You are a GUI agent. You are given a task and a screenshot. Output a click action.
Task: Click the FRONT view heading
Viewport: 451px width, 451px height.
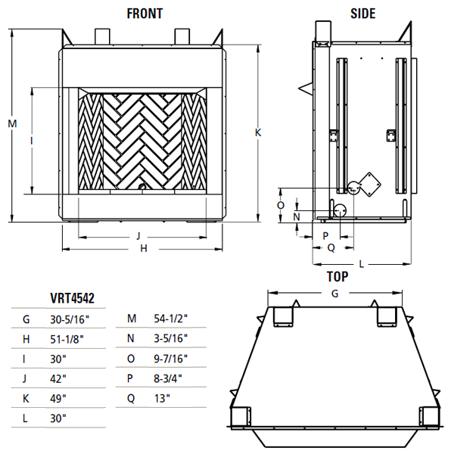coord(144,13)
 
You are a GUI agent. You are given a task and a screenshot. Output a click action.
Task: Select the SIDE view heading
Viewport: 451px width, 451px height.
coord(363,13)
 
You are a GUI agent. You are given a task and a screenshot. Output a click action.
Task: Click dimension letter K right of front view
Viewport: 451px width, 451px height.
coord(258,132)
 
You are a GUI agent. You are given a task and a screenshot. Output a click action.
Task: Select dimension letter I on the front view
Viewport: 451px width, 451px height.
coord(31,140)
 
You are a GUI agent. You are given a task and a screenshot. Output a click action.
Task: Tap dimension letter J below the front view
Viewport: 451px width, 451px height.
coord(138,236)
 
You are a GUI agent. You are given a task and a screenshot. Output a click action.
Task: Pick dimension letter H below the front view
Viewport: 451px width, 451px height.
coord(142,248)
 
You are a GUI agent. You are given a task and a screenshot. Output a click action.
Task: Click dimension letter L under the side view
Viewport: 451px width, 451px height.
coord(362,263)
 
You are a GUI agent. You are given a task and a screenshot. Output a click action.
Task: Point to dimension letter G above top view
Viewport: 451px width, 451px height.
coord(334,293)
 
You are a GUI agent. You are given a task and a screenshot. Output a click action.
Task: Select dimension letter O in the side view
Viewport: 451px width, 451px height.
coord(281,205)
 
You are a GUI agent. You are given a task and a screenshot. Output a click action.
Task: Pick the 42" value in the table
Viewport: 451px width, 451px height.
coord(60,378)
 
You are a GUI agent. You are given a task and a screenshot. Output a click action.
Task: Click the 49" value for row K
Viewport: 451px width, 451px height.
coord(60,398)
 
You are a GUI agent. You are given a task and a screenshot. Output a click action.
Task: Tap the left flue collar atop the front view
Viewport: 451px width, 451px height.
coord(101,37)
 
